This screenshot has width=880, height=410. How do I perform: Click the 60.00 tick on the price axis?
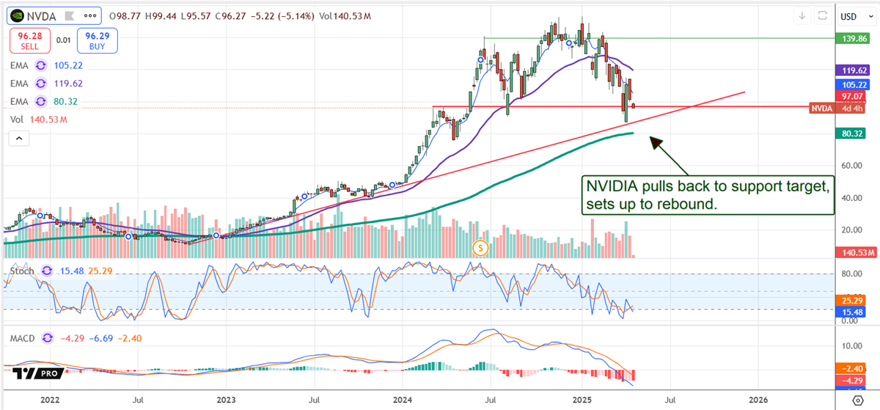coord(851,166)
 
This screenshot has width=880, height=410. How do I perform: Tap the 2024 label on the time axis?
coord(403,400)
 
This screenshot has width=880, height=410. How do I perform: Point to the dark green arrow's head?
coord(653,139)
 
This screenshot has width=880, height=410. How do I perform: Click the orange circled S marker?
coord(481,248)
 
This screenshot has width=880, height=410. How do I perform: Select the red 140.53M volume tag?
coord(854,253)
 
